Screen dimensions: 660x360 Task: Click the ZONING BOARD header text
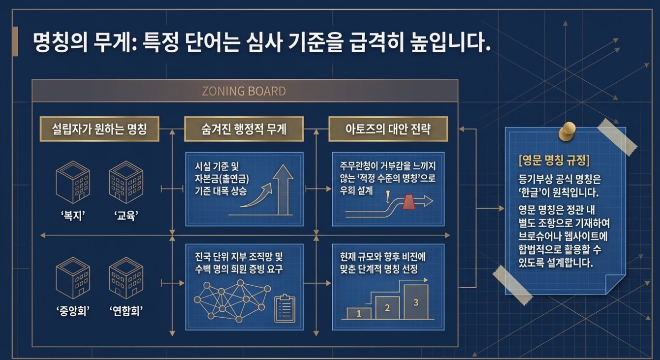point(244,92)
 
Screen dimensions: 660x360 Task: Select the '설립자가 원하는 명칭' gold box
point(99,130)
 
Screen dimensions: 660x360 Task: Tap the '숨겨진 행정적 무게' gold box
point(244,130)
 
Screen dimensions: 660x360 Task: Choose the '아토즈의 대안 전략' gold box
point(388,130)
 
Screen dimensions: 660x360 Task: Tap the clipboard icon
point(284,308)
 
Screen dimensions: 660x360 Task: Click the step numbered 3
point(415,302)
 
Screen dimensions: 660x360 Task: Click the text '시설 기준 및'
point(217,166)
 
